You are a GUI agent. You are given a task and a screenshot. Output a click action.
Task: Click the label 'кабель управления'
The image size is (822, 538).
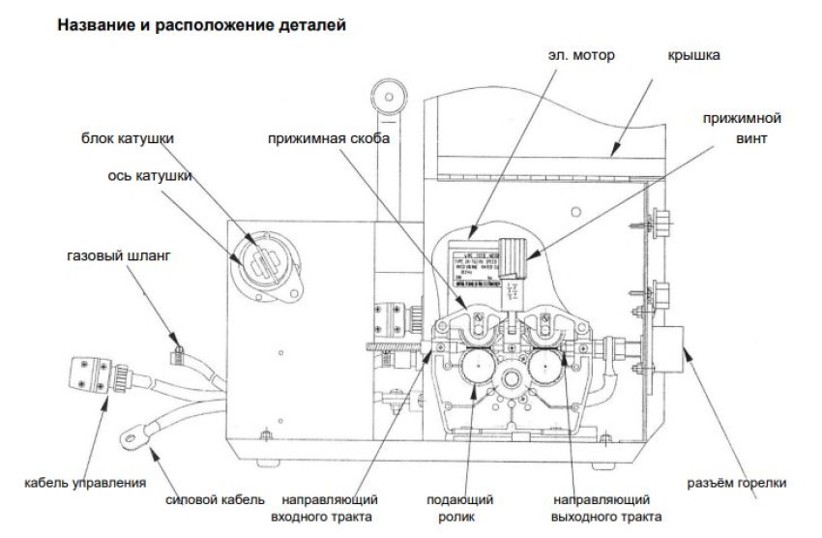pos(85,482)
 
